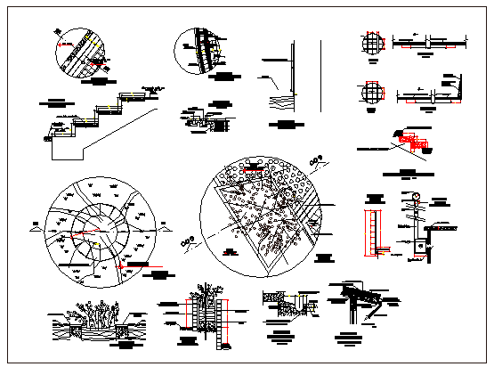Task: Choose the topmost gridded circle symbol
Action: (370, 42)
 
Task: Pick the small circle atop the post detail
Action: (414, 199)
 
